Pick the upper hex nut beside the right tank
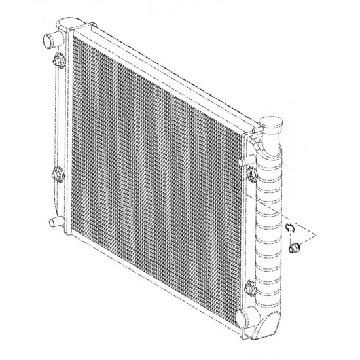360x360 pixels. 251,173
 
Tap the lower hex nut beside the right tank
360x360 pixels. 251,286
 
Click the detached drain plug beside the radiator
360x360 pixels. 295,248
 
